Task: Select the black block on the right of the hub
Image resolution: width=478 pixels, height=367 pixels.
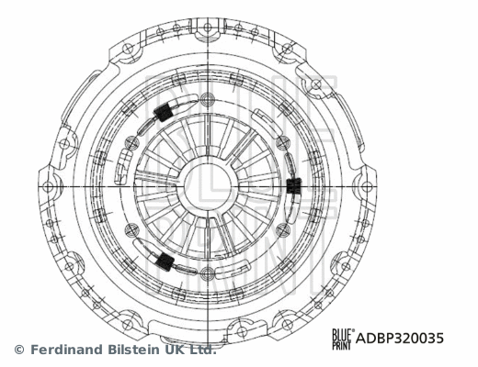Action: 293,186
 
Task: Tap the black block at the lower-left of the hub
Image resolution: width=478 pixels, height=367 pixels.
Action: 165,261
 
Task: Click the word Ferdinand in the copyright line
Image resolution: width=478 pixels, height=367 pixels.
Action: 70,350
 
